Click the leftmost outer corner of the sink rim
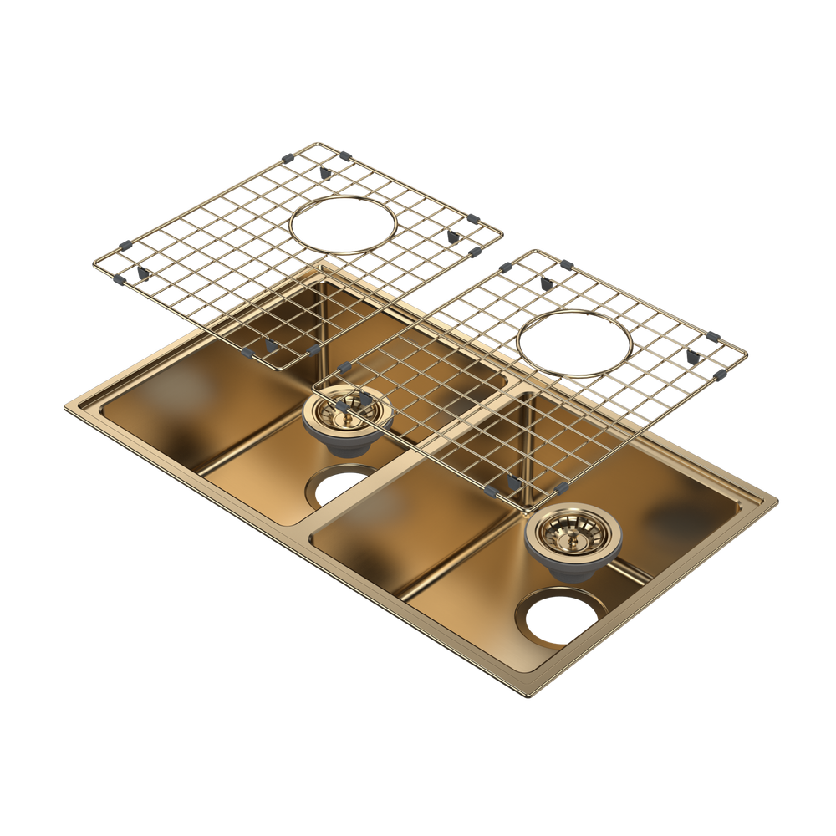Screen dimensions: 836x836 coord(66,407)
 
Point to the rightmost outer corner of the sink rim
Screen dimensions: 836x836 coord(779,502)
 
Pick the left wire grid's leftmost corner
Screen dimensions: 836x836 coord(94,266)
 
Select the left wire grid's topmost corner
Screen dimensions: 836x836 coord(317,141)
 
